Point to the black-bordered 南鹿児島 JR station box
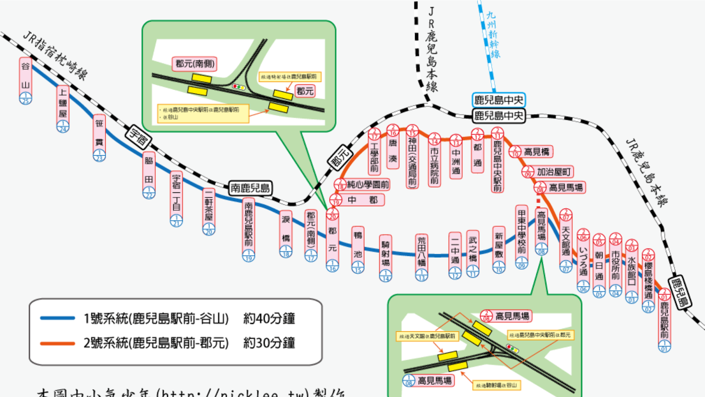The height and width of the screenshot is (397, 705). click(x=250, y=188)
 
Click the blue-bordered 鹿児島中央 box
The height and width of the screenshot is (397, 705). click(x=498, y=100)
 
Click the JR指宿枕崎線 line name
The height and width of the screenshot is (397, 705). click(x=55, y=55)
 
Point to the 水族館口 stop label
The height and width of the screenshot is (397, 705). click(x=632, y=269)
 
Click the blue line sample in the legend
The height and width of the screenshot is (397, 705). click(x=57, y=318)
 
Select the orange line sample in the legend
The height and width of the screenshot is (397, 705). click(x=57, y=343)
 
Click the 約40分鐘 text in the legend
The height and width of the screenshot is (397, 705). click(x=269, y=318)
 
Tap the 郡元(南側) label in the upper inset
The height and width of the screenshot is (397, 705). click(x=195, y=64)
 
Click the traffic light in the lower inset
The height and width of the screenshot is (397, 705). click(x=512, y=348)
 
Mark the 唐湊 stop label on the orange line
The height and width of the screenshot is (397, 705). click(x=393, y=150)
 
